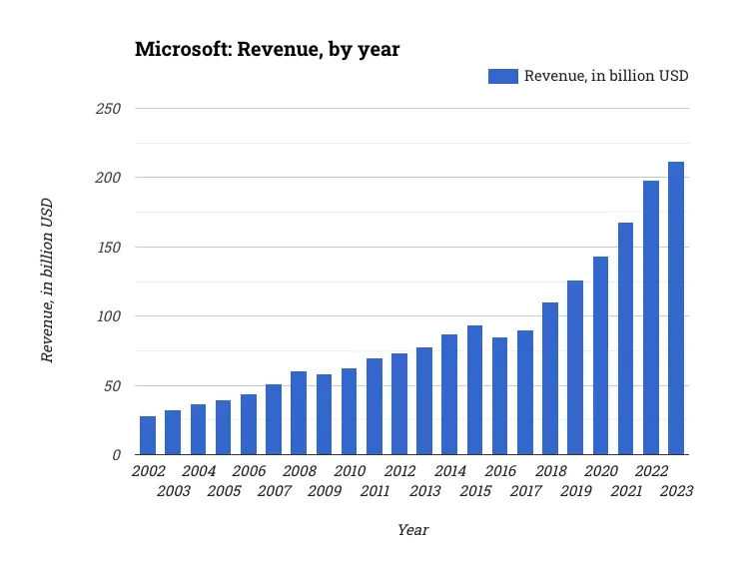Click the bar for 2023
point(676,308)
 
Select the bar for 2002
point(148,435)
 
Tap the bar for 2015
point(474,390)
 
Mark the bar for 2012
point(399,404)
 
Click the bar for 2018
point(550,378)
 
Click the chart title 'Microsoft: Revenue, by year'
point(267,49)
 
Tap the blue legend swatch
point(502,76)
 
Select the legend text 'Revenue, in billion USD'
point(606,76)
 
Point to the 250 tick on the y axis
point(109,108)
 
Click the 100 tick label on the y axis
point(109,316)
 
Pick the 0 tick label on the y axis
point(116,455)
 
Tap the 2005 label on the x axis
point(223,491)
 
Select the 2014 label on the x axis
point(449,471)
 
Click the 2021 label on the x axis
point(626,491)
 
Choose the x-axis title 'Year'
point(412,530)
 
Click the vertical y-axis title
point(47,281)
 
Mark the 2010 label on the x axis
point(350,471)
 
